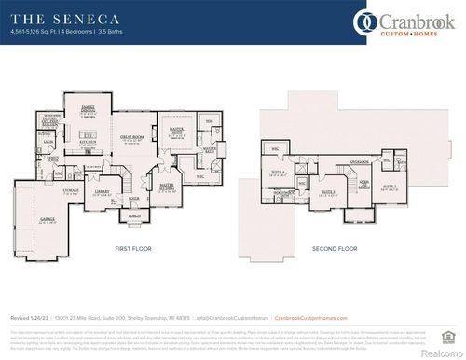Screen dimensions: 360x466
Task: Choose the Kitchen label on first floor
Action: pos(89,143)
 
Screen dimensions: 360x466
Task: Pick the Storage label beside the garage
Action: pos(72,191)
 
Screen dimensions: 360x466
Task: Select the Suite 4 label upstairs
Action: pos(277,172)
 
